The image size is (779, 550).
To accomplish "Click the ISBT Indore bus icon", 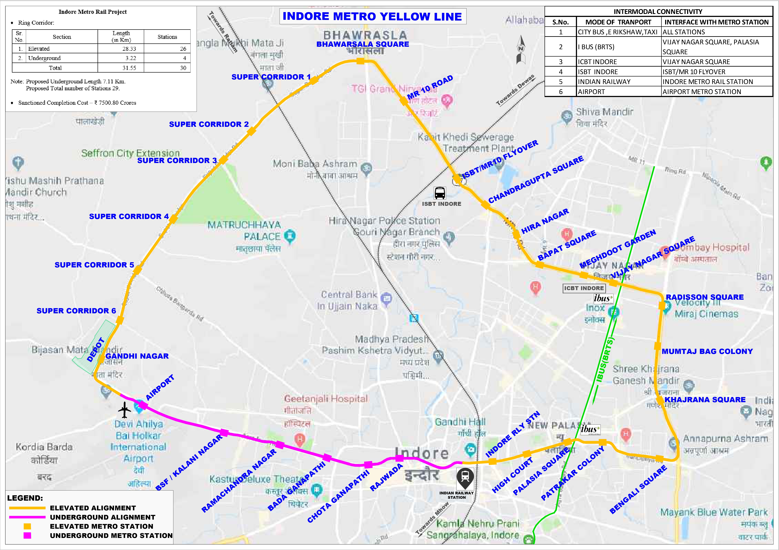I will coord(440,193).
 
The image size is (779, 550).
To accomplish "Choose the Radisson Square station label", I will coord(704,297).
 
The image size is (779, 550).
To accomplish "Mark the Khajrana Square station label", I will coord(705,400).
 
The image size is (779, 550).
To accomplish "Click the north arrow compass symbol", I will coord(521,50).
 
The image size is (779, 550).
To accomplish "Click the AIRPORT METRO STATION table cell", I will coord(702,92).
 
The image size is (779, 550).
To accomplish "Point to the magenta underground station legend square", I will coord(27,535).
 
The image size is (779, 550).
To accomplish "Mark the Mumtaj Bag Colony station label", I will coord(707,351).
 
